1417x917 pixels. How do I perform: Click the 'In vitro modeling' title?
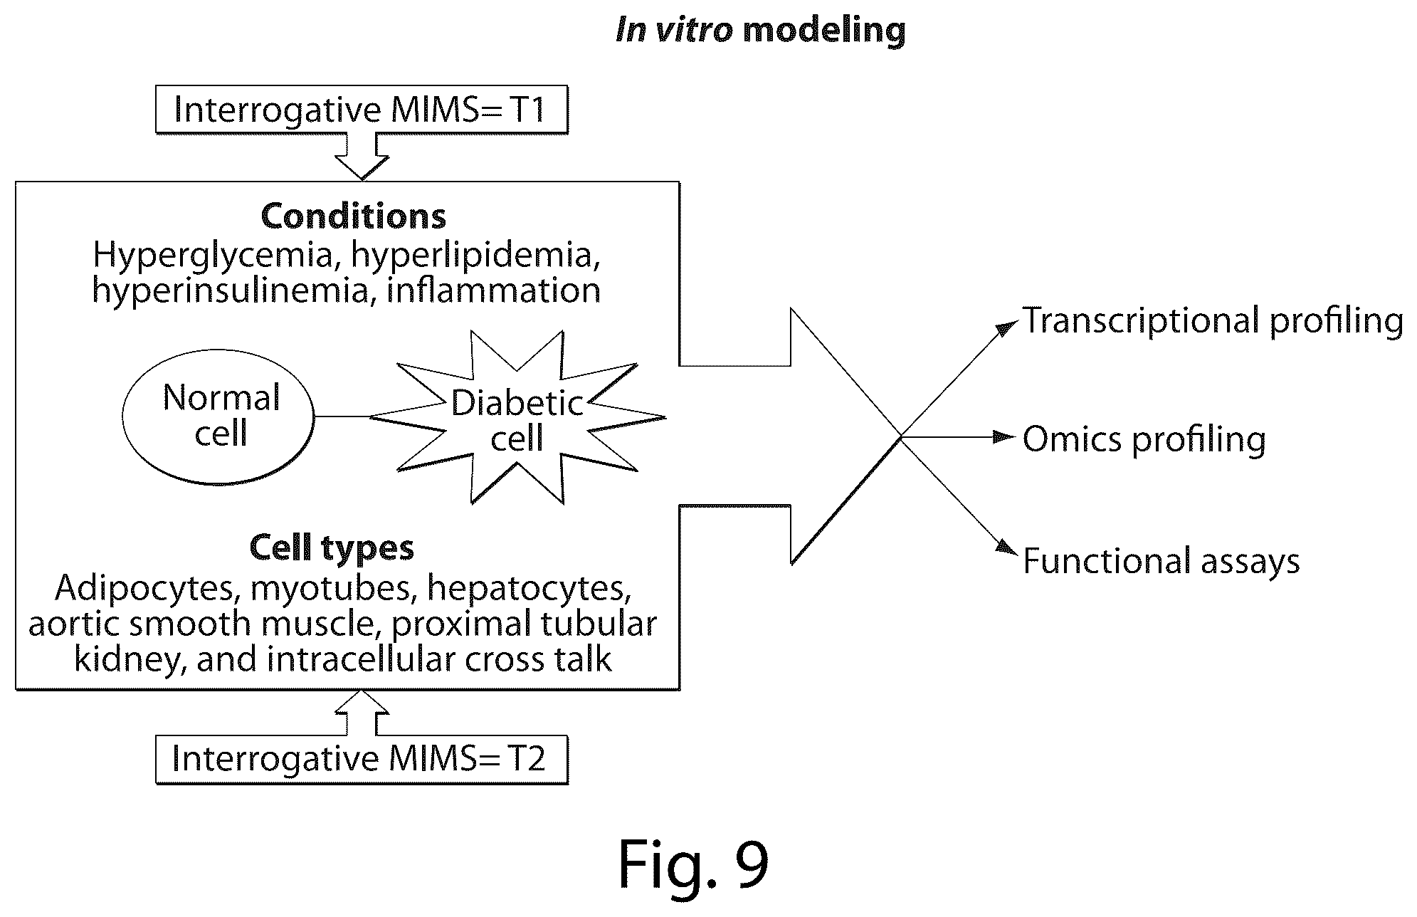coord(760,31)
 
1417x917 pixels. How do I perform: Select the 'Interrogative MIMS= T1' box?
coord(362,110)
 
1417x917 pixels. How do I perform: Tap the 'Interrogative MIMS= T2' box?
coord(362,759)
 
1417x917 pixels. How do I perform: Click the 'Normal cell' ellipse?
coord(218,416)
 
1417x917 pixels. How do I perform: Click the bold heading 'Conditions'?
coord(354,216)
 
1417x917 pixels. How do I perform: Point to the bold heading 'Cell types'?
coord(332,547)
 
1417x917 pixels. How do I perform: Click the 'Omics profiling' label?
coord(1144,439)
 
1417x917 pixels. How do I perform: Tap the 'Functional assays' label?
coord(1161,561)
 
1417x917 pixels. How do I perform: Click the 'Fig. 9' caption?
coord(693,864)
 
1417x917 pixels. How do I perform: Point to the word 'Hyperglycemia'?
coord(213,256)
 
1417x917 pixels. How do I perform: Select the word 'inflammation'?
coord(493,290)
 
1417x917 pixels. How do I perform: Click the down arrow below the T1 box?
coord(362,157)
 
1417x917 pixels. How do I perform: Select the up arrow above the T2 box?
coord(362,712)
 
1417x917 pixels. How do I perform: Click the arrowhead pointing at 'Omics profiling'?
coord(1004,436)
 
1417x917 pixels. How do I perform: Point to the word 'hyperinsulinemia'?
coord(229,290)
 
